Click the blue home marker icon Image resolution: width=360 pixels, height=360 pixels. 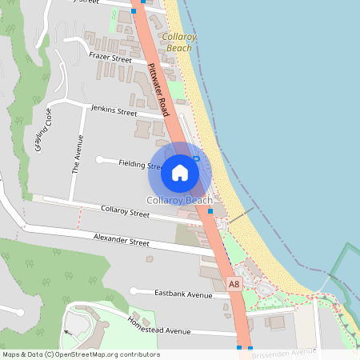point(179,172)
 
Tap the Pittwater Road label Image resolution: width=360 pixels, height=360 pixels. point(158,89)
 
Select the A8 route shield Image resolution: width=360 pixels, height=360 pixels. point(234,284)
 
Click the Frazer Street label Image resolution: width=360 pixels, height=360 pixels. point(110,58)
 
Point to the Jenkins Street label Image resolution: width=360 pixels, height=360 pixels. point(114,111)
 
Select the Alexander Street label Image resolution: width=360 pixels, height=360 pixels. point(122,240)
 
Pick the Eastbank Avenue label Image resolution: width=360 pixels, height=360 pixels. point(183,294)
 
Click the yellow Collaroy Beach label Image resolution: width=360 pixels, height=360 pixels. point(177,42)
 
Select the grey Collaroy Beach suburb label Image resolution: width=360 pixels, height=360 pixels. point(179,200)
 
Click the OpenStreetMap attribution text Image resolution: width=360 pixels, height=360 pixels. point(81,354)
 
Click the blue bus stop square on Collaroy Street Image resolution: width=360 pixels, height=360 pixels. point(210,211)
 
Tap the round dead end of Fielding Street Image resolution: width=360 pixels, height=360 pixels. point(99,160)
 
